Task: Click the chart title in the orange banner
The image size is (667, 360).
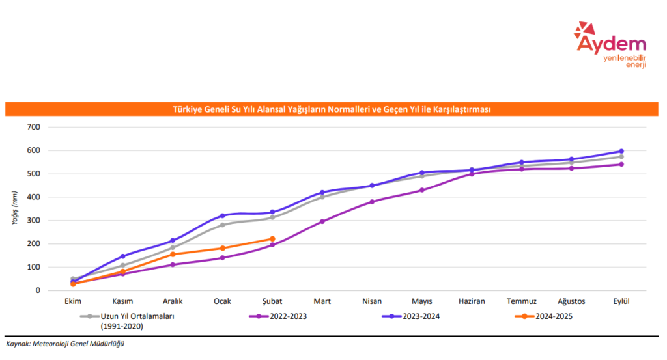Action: pyautogui.click(x=332, y=109)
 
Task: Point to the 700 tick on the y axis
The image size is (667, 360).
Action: pyautogui.click(x=33, y=127)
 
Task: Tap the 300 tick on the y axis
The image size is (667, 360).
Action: pyautogui.click(x=33, y=220)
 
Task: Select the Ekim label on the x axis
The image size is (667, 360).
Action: pyautogui.click(x=73, y=301)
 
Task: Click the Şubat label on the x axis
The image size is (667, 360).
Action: pyautogui.click(x=272, y=301)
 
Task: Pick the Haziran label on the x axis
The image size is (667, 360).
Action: pyautogui.click(x=472, y=301)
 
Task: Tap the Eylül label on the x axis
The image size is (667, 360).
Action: pyautogui.click(x=621, y=301)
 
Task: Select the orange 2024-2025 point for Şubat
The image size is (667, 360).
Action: pyautogui.click(x=272, y=239)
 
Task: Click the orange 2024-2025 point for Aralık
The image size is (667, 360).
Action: pyautogui.click(x=173, y=255)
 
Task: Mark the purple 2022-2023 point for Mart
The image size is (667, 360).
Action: pyautogui.click(x=322, y=221)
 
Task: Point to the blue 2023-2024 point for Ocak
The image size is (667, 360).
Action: pyautogui.click(x=222, y=215)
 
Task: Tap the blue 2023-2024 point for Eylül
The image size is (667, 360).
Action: pyautogui.click(x=621, y=151)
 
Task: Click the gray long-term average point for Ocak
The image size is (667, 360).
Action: pyautogui.click(x=222, y=225)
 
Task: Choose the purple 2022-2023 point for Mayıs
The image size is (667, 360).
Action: pyautogui.click(x=422, y=190)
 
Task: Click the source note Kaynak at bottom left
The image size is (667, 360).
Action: pyautogui.click(x=65, y=344)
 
